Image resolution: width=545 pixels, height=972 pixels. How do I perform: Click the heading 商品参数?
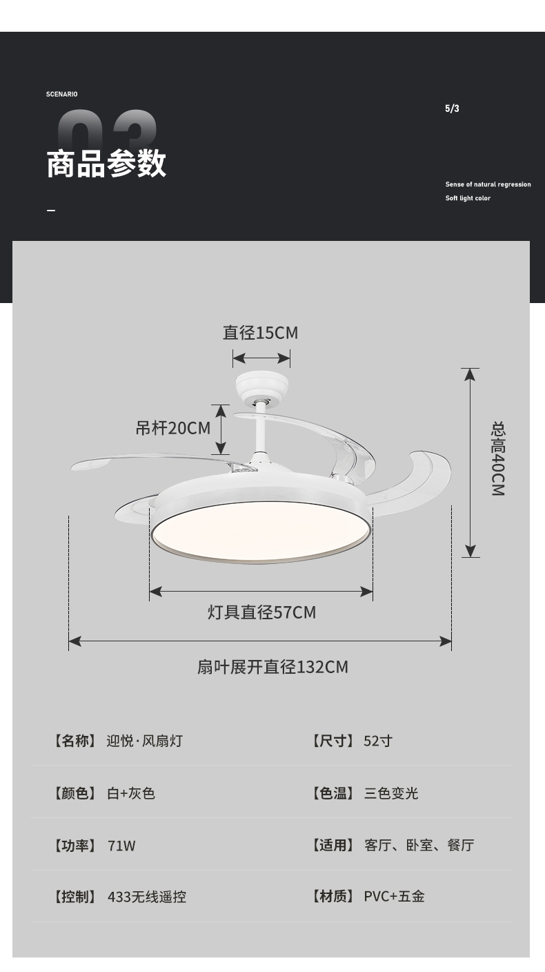106,164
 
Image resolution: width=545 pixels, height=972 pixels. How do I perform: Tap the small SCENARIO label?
62,94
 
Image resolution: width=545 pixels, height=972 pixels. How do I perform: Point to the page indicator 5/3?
452,108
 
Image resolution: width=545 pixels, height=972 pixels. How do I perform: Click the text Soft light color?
468,198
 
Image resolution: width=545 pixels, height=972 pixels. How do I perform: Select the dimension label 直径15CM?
260,333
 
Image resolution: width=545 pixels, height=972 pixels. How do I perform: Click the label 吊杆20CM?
172,428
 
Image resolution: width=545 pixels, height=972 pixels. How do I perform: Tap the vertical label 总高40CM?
498,458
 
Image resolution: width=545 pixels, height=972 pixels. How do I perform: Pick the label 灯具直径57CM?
261,612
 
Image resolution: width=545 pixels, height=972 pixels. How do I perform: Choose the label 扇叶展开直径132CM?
272,667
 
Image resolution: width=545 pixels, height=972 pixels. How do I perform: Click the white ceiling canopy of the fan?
261,387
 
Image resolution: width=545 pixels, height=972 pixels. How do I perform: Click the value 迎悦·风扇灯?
145,741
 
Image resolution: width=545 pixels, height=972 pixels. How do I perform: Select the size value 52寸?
378,741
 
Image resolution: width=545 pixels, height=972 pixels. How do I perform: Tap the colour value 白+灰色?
131,793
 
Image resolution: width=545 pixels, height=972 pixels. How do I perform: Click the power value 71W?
121,845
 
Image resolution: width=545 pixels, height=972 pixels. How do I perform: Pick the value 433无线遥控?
147,897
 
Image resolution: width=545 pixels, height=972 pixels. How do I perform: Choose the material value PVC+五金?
394,896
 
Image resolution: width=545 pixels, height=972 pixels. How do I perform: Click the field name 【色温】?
333,793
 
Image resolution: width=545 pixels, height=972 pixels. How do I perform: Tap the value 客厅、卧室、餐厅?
419,845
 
